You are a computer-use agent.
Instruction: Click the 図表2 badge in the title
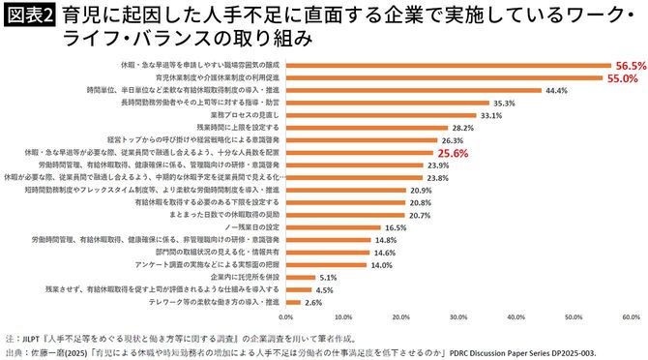click(28, 16)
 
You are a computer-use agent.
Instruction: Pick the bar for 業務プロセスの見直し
click(380, 115)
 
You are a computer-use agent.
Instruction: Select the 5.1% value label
click(328, 277)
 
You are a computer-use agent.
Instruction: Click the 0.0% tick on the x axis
click(285, 316)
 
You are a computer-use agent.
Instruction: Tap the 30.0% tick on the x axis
click(458, 316)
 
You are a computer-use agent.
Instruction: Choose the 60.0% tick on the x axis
click(631, 316)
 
